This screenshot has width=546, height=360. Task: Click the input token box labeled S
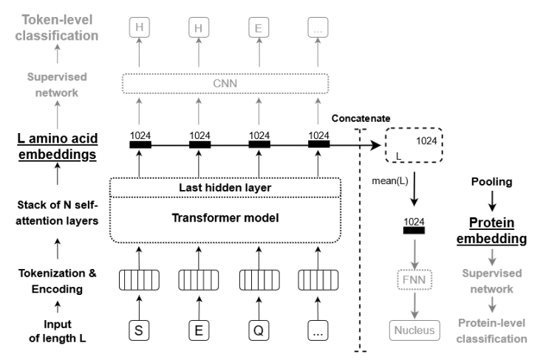pos(138,330)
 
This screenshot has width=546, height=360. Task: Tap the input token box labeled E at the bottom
pos(197,330)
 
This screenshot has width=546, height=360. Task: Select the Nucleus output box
pos(414,329)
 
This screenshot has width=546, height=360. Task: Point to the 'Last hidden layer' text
pos(228,188)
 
